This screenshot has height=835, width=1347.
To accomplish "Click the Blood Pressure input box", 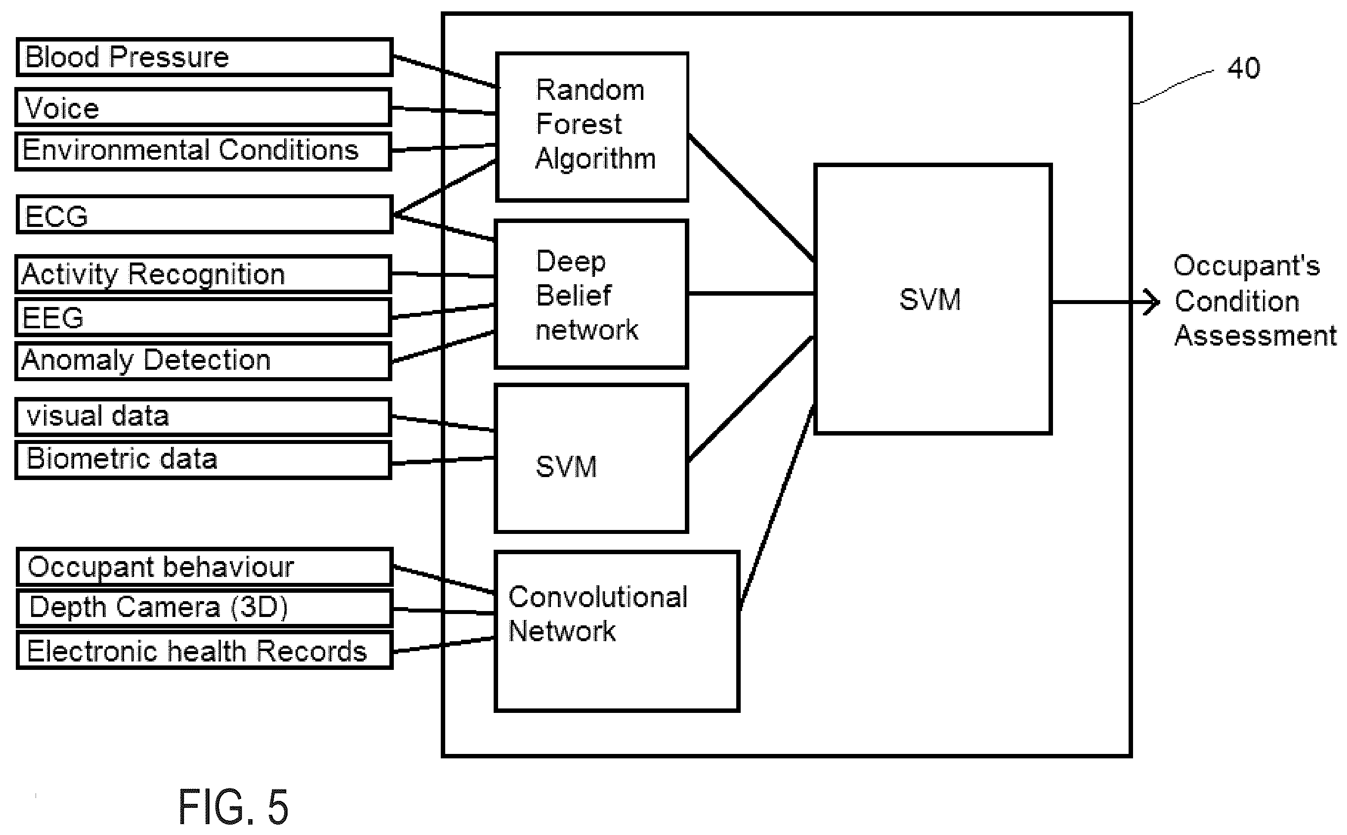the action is tap(204, 57).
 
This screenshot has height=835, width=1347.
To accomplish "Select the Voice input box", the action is tap(203, 107).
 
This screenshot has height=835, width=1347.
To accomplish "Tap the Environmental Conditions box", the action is tap(203, 151).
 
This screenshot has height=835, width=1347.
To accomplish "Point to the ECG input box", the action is tap(204, 214).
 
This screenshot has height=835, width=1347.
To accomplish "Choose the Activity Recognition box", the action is tap(203, 274).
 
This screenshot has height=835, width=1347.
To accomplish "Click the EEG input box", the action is tap(203, 317).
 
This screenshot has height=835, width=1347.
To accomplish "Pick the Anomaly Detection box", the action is tap(203, 360).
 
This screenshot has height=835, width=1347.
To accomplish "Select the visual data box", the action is tap(203, 416).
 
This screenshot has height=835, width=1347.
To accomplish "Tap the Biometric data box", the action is tap(203, 459).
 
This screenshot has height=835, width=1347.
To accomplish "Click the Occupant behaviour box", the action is tap(204, 567).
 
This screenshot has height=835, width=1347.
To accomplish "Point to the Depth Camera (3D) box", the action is tap(204, 608).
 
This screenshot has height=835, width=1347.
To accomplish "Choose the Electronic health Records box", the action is tap(204, 651).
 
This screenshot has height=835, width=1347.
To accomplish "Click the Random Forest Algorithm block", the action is tap(591, 127).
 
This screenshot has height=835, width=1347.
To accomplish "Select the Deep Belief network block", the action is tap(591, 294).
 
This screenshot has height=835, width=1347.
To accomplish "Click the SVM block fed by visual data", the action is tap(591, 458).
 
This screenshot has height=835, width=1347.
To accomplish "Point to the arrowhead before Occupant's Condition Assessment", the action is tap(1152, 303).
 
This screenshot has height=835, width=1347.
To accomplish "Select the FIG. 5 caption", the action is tap(233, 806).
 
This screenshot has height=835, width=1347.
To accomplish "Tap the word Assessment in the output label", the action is tap(1256, 336).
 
